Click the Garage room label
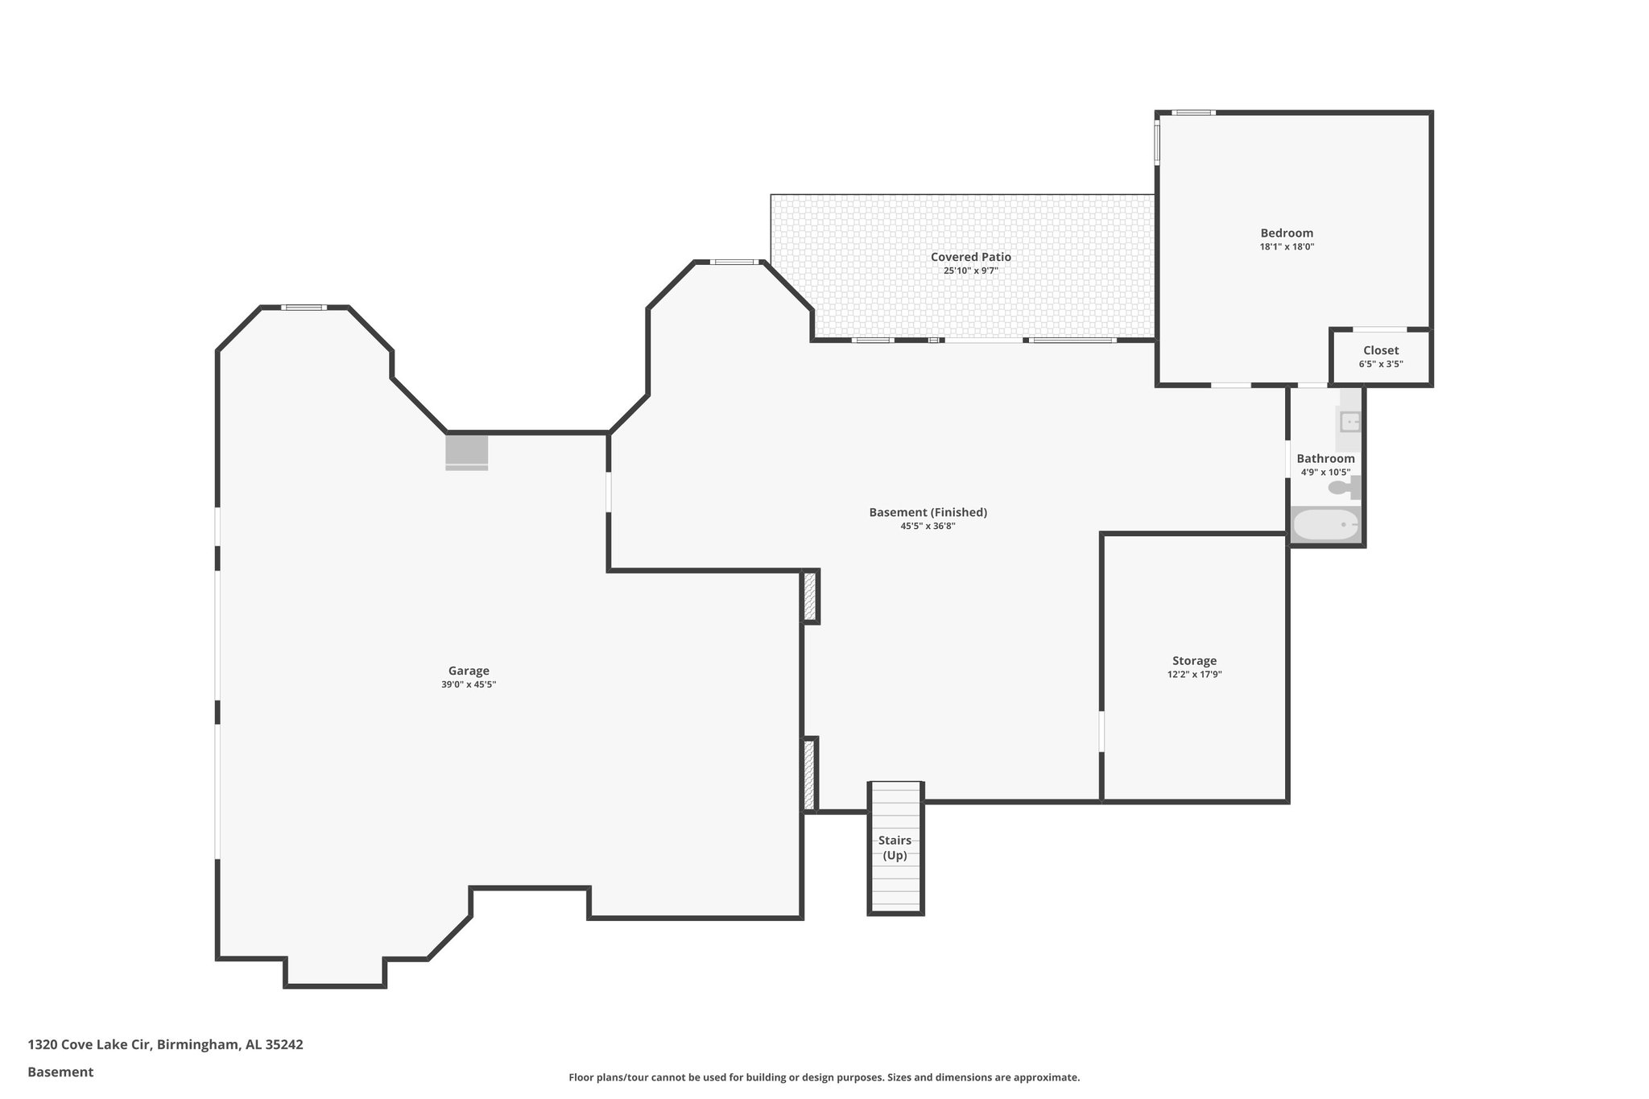pyautogui.click(x=469, y=671)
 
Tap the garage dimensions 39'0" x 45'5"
pyautogui.click(x=469, y=685)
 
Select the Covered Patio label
pyautogui.click(x=970, y=257)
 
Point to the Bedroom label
pyautogui.click(x=1287, y=233)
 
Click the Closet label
pyautogui.click(x=1381, y=350)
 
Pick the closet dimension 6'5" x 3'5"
pyautogui.click(x=1381, y=364)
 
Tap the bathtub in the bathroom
pyautogui.click(x=1325, y=526)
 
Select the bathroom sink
pyautogui.click(x=1350, y=421)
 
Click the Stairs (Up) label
pyautogui.click(x=895, y=848)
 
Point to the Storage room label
pyautogui.click(x=1194, y=661)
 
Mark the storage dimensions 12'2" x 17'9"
pyautogui.click(x=1194, y=675)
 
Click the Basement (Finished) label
pyautogui.click(x=928, y=512)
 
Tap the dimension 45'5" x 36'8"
pyautogui.click(x=928, y=527)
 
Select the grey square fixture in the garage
pyautogui.click(x=467, y=451)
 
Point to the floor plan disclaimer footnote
pyautogui.click(x=824, y=1077)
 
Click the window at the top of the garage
pyautogui.click(x=304, y=307)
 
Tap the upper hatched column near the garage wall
pyautogui.click(x=810, y=596)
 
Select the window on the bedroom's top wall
pyautogui.click(x=1192, y=113)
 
